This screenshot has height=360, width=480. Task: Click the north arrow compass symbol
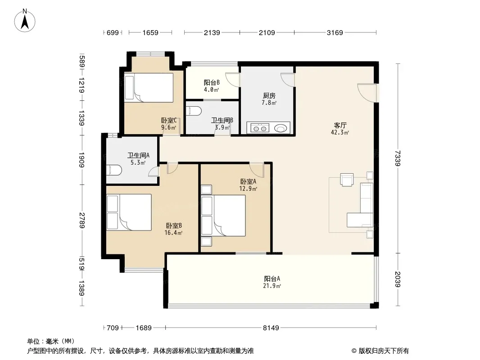pyautogui.click(x=25, y=21)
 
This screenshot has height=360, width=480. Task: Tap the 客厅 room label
pyautogui.click(x=340, y=126)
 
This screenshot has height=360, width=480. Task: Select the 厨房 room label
pyautogui.click(x=269, y=96)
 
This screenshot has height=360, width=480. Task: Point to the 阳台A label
pyautogui.click(x=272, y=279)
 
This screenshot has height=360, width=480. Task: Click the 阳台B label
pyautogui.click(x=212, y=83)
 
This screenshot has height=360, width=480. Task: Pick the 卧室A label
pyautogui.click(x=248, y=182)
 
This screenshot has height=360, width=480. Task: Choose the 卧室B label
pyautogui.click(x=174, y=226)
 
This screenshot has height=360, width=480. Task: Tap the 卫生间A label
pyautogui.click(x=138, y=156)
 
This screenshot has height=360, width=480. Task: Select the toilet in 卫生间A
pyautogui.click(x=114, y=171)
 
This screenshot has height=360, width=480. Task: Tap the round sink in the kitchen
pyautogui.click(x=281, y=128)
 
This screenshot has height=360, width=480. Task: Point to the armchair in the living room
pyautogui.click(x=347, y=180)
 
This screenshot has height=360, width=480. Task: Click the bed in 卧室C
pyautogui.click(x=149, y=87)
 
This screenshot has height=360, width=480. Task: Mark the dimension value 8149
pyautogui.click(x=271, y=328)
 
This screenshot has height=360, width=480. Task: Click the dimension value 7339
pyautogui.click(x=398, y=158)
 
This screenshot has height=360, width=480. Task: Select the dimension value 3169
pyautogui.click(x=335, y=32)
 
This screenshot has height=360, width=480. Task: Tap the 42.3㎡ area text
pyautogui.click(x=340, y=133)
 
